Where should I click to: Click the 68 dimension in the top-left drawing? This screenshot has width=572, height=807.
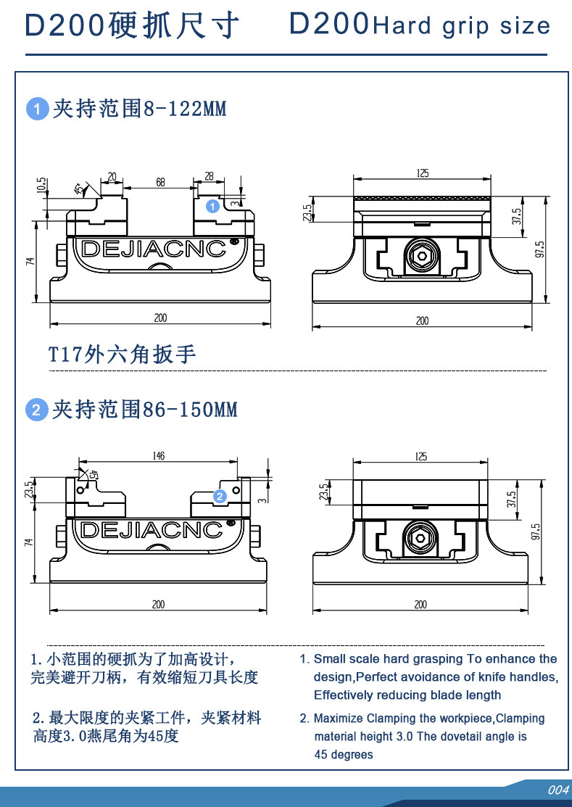click(160, 183)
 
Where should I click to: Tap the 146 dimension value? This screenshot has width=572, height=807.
click(159, 456)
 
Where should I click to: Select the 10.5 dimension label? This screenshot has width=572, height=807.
click(41, 185)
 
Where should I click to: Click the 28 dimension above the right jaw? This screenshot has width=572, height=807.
click(210, 176)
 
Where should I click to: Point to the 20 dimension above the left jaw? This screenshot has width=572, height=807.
click(112, 176)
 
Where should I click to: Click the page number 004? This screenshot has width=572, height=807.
click(558, 790)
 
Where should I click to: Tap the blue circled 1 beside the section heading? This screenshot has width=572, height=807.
click(37, 110)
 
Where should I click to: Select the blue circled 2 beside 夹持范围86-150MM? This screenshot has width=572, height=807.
click(37, 410)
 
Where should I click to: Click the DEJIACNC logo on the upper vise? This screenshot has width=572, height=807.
click(154, 249)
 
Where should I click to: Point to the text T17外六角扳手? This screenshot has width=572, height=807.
click(122, 355)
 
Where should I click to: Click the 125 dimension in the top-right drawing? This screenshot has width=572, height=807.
click(423, 173)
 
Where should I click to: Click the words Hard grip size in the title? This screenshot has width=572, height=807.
click(461, 27)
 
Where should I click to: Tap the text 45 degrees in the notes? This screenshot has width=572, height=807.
click(344, 755)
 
